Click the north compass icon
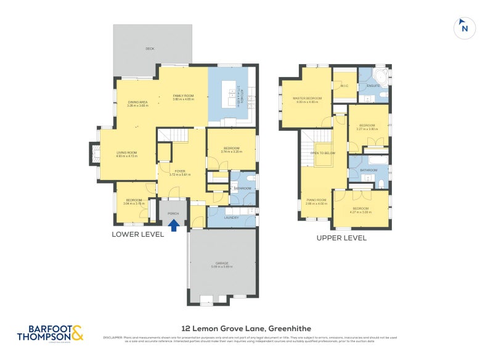[x=465, y=28]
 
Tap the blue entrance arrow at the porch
[x=174, y=226]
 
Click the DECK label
[x=149, y=48]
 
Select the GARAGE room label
[x=222, y=264]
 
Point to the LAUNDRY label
[x=232, y=218]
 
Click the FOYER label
[x=181, y=171]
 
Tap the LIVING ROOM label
[x=126, y=153]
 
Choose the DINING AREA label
[x=137, y=102]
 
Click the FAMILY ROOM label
[x=183, y=96]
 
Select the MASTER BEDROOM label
[x=307, y=99]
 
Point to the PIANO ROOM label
[x=316, y=200]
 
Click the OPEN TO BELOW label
[x=323, y=152]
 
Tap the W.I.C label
[x=345, y=86]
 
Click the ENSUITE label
[x=373, y=86]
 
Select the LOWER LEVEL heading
[x=137, y=234]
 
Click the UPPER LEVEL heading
[x=341, y=238]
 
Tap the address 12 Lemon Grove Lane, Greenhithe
[x=246, y=329]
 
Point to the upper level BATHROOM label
[x=369, y=170]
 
